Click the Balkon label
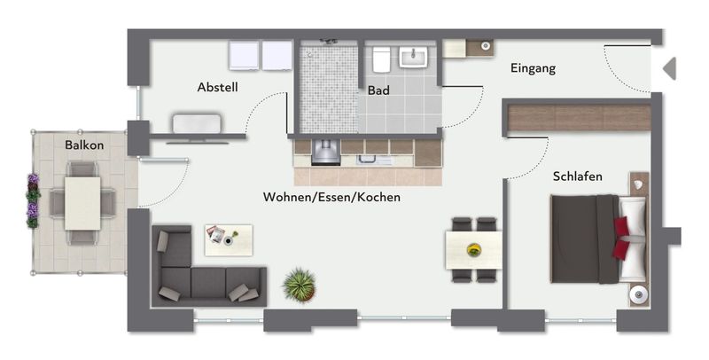pos(84,145)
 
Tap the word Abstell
pos(217,87)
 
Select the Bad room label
pos(378,90)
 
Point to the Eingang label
pos(534,69)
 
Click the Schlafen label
pos(578,176)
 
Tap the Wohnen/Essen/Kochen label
pos(331,197)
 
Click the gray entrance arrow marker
pos(670,69)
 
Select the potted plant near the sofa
pos(300,285)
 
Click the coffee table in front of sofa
pos(229,240)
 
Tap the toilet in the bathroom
pos(381,59)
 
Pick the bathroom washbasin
pos(413,57)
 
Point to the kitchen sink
pos(367,160)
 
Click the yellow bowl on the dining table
pos(474,250)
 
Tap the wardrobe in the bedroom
pos(580,118)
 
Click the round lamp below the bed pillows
pos(638,295)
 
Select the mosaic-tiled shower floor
pos(329,89)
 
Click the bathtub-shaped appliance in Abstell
pos(197,123)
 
